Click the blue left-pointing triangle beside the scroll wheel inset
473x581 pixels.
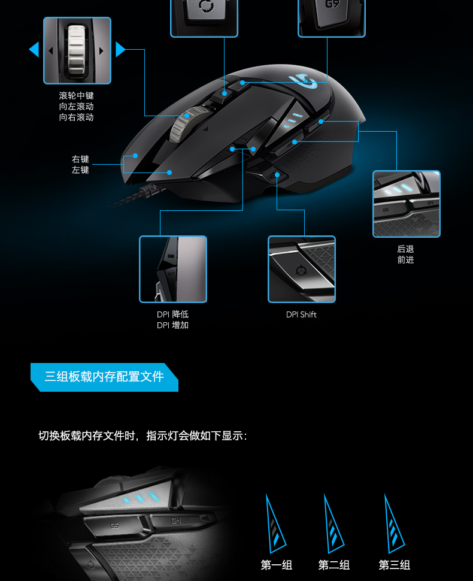[x=35, y=49]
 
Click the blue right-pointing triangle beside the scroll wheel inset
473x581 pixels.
[x=120, y=49]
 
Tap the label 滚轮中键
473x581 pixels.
[x=76, y=96]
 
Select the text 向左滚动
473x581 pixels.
[x=76, y=107]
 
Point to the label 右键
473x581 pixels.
[x=80, y=159]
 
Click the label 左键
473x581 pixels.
[x=80, y=170]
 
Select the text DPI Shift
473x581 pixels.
[x=301, y=314]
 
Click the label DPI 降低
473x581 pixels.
[x=172, y=314]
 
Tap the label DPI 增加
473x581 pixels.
[x=172, y=325]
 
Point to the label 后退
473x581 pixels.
[x=405, y=249]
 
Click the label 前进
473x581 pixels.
[x=405, y=260]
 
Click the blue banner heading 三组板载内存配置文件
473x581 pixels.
[x=104, y=377]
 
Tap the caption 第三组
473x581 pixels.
[x=395, y=565]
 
